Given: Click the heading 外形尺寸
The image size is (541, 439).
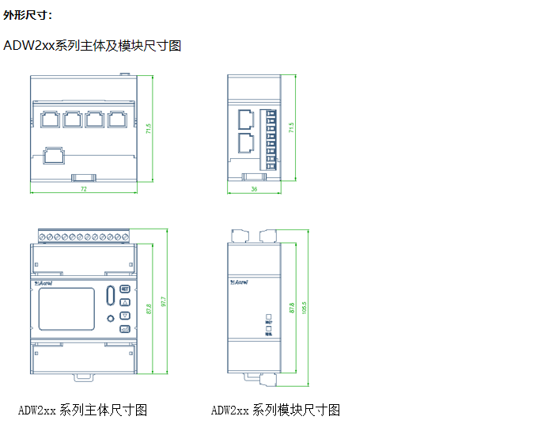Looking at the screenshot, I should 28,15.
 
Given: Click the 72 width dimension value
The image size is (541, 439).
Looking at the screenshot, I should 83,190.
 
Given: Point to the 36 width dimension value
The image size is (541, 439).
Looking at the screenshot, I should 254,190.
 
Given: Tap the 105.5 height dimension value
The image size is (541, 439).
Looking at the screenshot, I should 304,305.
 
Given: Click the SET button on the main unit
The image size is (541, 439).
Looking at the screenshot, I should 125,290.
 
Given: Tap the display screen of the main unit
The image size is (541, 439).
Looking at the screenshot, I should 67,308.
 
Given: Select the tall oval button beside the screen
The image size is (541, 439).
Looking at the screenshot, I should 109,297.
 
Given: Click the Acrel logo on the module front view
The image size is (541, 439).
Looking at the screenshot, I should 240,279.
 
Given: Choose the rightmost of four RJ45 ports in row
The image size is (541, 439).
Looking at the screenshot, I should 118,120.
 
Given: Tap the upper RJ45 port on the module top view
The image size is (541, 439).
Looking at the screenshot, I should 245,120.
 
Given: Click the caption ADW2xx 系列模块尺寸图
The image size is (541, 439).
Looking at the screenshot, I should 275,410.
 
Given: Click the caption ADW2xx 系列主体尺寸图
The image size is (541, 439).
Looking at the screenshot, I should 83,410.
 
